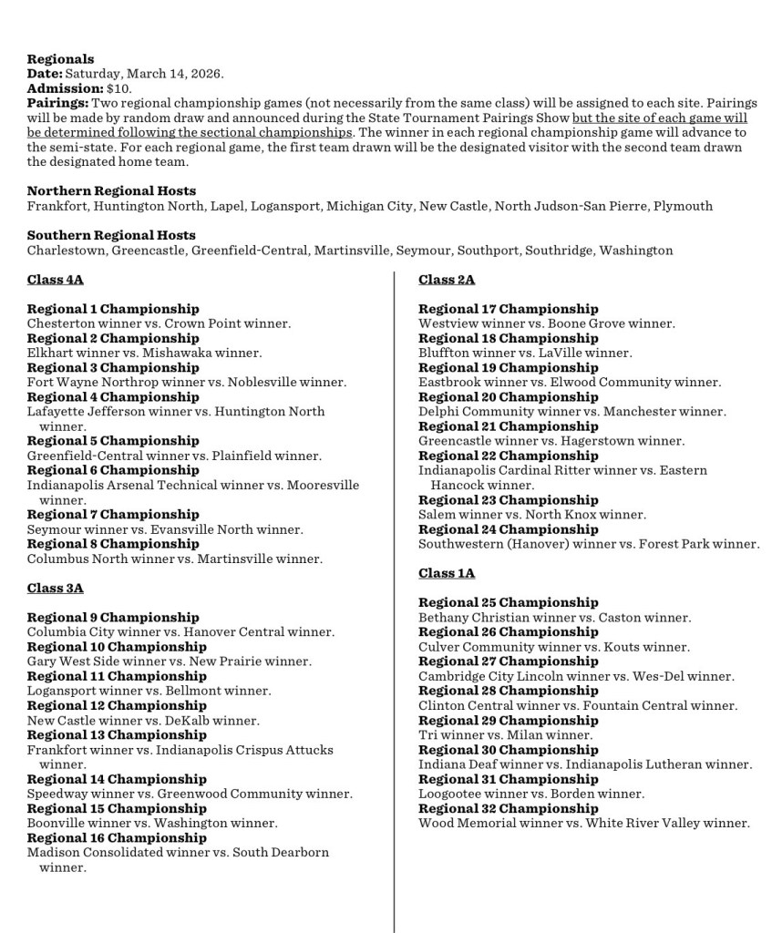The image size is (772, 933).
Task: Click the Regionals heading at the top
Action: (60, 59)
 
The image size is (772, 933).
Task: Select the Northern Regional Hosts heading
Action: (111, 191)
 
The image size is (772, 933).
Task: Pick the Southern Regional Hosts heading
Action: (111, 235)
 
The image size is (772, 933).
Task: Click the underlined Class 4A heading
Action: (55, 280)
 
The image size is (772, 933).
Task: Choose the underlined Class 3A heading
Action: (55, 588)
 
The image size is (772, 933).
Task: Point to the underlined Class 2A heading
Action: (447, 280)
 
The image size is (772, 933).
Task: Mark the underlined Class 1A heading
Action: (447, 573)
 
